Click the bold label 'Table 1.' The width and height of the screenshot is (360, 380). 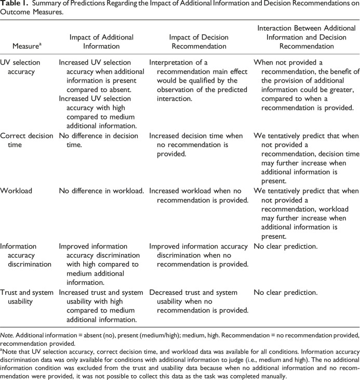click(13, 4)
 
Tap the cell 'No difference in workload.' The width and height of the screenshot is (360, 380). click(101, 191)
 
